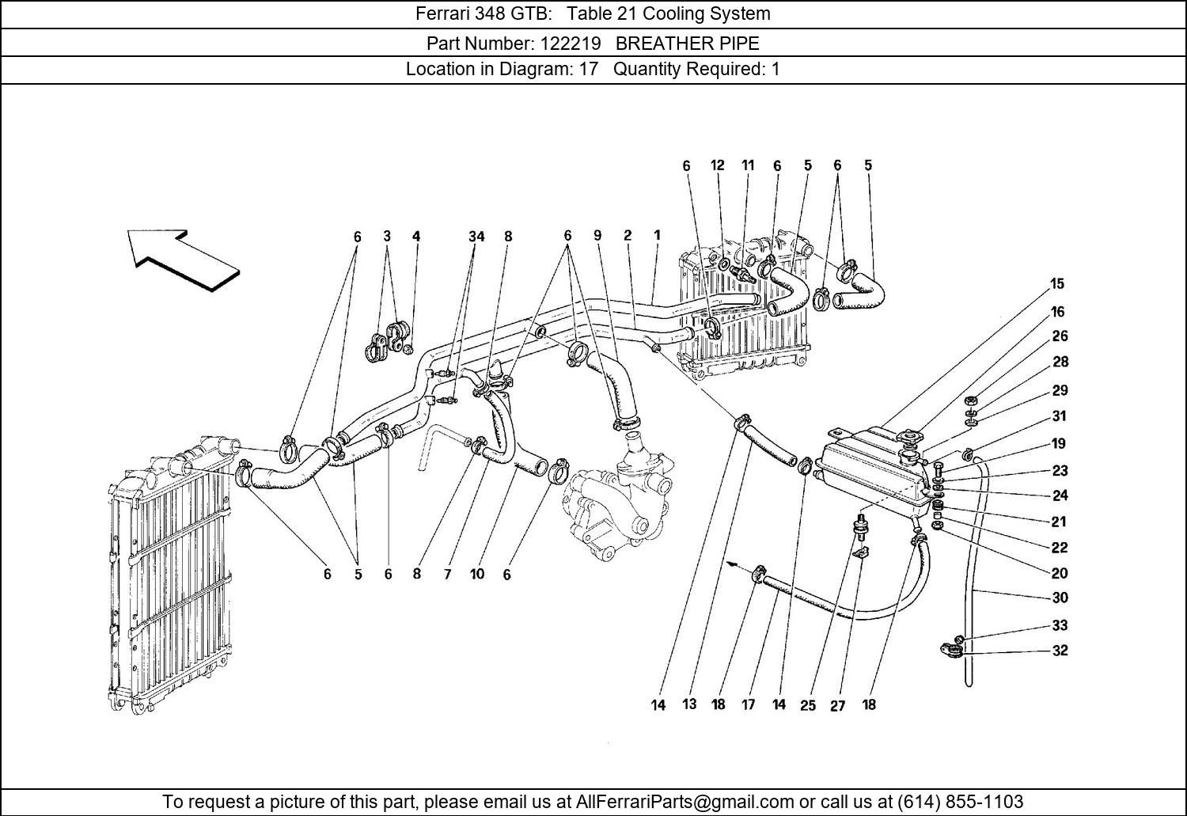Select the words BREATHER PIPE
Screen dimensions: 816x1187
687,43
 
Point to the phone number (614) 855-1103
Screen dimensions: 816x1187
960,801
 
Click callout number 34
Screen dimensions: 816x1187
476,236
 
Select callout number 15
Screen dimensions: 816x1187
1057,283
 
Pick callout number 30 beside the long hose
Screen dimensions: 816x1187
1060,598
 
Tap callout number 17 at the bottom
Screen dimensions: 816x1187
748,704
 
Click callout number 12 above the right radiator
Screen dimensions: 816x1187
717,165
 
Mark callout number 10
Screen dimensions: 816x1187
476,574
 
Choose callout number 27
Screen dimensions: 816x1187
837,706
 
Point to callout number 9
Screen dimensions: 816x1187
597,235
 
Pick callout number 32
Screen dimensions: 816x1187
1060,651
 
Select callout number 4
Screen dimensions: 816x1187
416,236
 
